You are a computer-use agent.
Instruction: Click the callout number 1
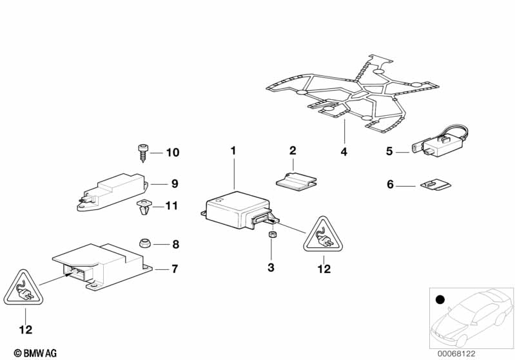pyautogui.click(x=234, y=150)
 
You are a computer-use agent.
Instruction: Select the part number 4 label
pyautogui.click(x=344, y=152)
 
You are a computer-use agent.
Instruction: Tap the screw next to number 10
pyautogui.click(x=143, y=152)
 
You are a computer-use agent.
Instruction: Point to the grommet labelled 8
pyautogui.click(x=145, y=243)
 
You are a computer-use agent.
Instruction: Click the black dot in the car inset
pyautogui.click(x=440, y=300)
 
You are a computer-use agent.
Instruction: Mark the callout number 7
pyautogui.click(x=175, y=268)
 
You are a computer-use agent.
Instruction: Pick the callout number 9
pyautogui.click(x=175, y=184)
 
